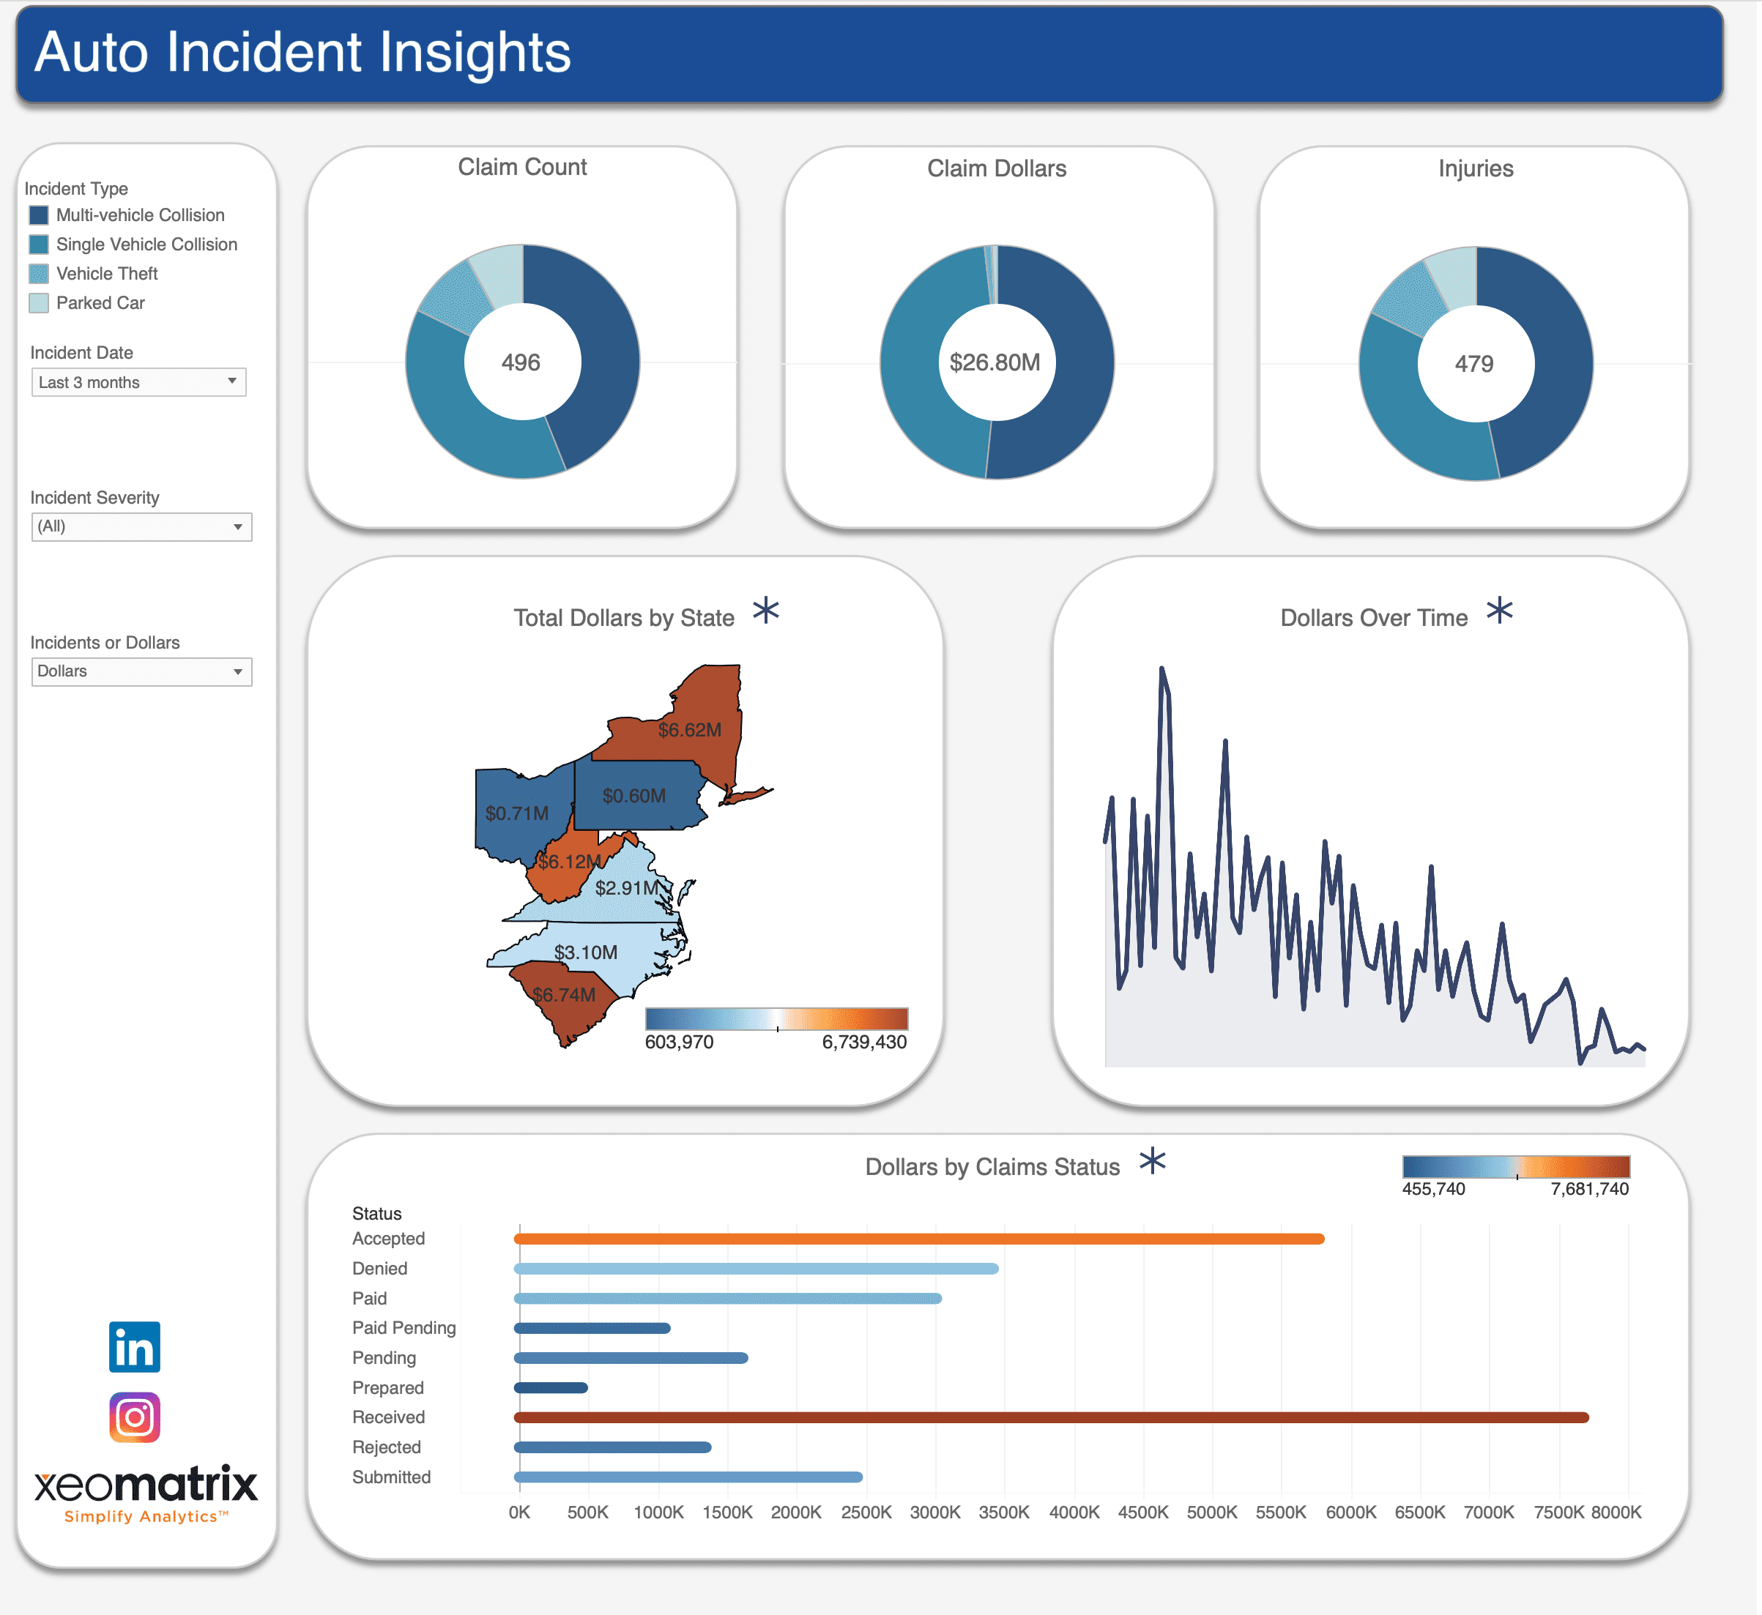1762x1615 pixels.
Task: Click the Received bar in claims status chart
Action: tap(1049, 1417)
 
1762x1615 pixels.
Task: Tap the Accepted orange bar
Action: tap(918, 1239)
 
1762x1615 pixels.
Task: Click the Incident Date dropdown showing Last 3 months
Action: tap(138, 382)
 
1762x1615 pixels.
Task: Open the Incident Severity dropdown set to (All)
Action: tap(141, 527)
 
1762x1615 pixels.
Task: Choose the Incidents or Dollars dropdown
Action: tap(141, 671)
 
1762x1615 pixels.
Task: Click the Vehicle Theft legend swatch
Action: tap(39, 274)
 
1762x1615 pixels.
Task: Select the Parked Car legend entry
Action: tap(100, 303)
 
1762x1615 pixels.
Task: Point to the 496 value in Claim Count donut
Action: tap(521, 362)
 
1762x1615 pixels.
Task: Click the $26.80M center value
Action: tap(995, 362)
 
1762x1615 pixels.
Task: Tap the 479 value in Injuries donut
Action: tap(1473, 364)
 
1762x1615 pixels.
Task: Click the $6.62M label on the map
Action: tap(690, 730)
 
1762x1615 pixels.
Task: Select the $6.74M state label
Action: tap(564, 994)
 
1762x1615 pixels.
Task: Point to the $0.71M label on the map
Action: tap(516, 813)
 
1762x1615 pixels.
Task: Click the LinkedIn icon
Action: tap(135, 1347)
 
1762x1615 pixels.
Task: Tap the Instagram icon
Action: tap(135, 1417)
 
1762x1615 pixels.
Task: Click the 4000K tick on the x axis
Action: tap(1074, 1512)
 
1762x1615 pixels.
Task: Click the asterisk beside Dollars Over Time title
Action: tap(1499, 610)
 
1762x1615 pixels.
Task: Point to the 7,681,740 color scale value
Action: tap(1589, 1188)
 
